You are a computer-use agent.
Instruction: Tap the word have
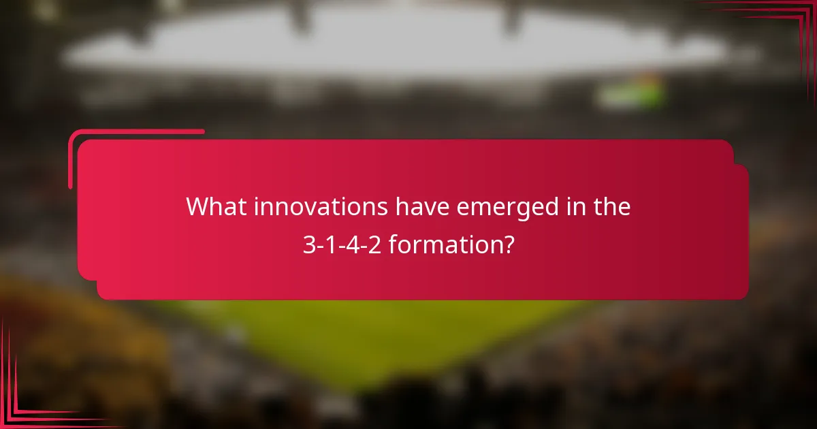pos(423,207)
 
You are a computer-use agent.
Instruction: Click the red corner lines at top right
pos(790,20)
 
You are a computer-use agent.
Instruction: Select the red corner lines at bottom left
pos(20,402)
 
